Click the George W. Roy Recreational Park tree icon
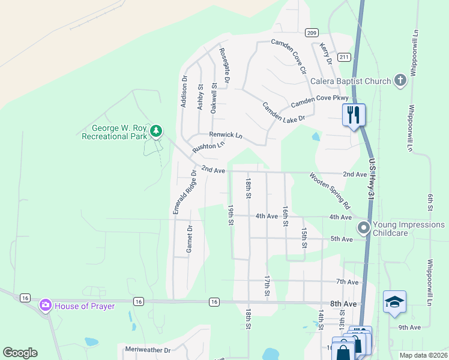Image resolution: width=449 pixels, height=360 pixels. (x=156, y=130)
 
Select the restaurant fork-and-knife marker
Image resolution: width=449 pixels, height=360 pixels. (x=353, y=114)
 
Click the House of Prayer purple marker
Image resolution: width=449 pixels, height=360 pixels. (x=45, y=305)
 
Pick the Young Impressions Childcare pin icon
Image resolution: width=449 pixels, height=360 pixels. (x=363, y=228)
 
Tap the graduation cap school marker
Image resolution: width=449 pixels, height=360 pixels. (x=394, y=302)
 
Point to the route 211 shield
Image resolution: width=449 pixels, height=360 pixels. (x=343, y=58)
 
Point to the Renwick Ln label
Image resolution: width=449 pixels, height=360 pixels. (x=225, y=136)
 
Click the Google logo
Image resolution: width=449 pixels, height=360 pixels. (x=20, y=353)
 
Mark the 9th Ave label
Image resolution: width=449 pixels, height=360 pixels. (x=409, y=328)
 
